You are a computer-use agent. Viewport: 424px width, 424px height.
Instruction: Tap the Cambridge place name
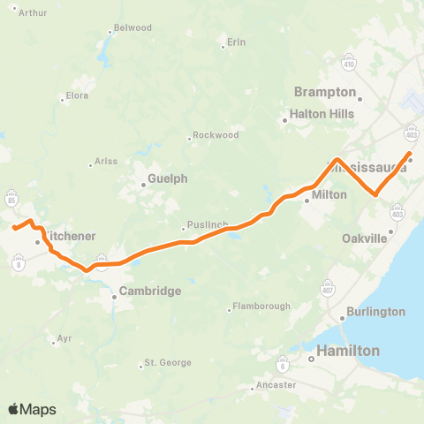pyautogui.click(x=150, y=291)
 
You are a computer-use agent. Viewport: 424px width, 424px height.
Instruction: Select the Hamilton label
pyautogui.click(x=348, y=351)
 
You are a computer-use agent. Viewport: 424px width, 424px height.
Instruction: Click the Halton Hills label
pyautogui.click(x=322, y=114)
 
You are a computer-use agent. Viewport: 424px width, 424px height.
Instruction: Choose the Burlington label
pyautogui.click(x=375, y=312)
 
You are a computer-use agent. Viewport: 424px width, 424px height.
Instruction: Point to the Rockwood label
pyautogui.click(x=217, y=135)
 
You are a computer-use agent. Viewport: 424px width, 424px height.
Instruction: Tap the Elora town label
pyautogui.click(x=78, y=96)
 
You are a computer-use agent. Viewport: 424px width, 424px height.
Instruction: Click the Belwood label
pyautogui.click(x=133, y=28)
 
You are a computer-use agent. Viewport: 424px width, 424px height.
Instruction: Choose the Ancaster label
pyautogui.click(x=275, y=385)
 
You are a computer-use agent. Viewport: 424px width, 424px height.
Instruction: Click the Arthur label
pyautogui.click(x=33, y=12)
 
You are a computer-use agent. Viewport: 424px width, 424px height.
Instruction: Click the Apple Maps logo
pyautogui.click(x=32, y=409)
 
